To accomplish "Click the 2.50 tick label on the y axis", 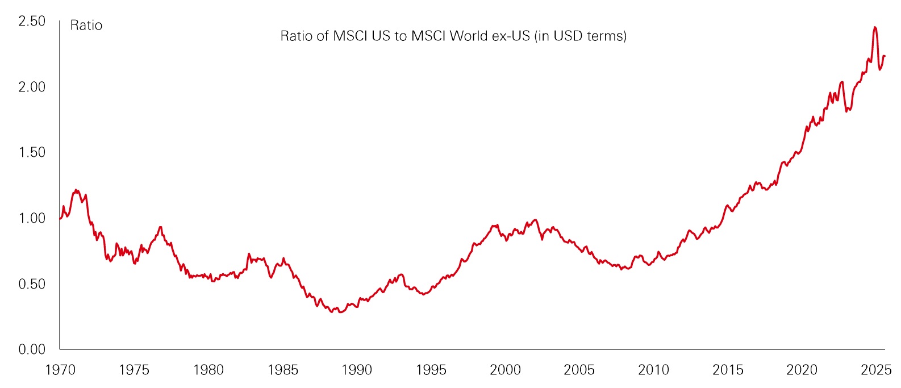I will [x=31, y=22].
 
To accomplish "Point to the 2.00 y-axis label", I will [x=31, y=87].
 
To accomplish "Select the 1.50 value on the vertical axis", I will [x=31, y=152].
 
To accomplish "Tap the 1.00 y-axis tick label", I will [x=31, y=218].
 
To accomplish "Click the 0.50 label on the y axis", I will [x=31, y=284].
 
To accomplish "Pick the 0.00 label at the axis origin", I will [x=31, y=349].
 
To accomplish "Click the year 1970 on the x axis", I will [x=60, y=370].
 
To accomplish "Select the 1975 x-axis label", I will [x=134, y=370].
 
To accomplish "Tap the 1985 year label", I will [x=282, y=370].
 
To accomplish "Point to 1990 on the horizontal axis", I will [x=357, y=370].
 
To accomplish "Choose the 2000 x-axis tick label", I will [x=505, y=370].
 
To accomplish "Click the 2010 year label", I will [x=653, y=370].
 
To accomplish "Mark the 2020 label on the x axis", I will [x=802, y=370].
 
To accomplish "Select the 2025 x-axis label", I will [x=876, y=370].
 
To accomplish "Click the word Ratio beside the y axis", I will [x=86, y=26].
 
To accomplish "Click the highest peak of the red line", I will [x=875, y=27].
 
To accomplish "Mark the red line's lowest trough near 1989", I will [x=340, y=312].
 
